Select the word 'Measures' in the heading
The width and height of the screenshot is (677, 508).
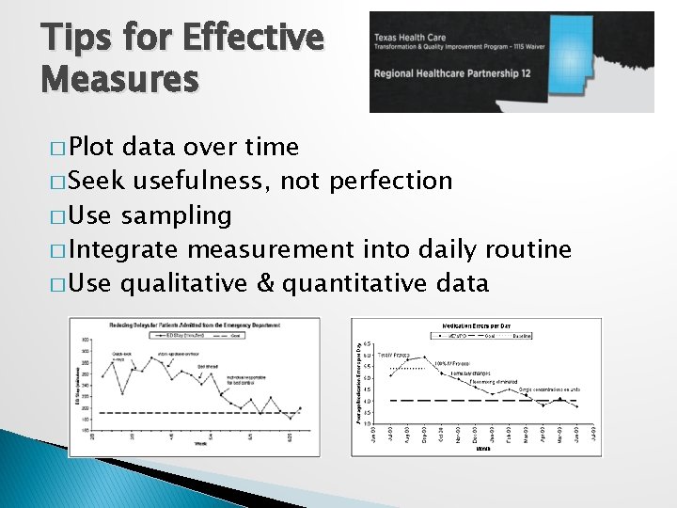pos(119,79)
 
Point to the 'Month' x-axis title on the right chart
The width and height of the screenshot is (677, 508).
pos(482,449)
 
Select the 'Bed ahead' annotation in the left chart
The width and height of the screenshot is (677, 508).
pos(208,366)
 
